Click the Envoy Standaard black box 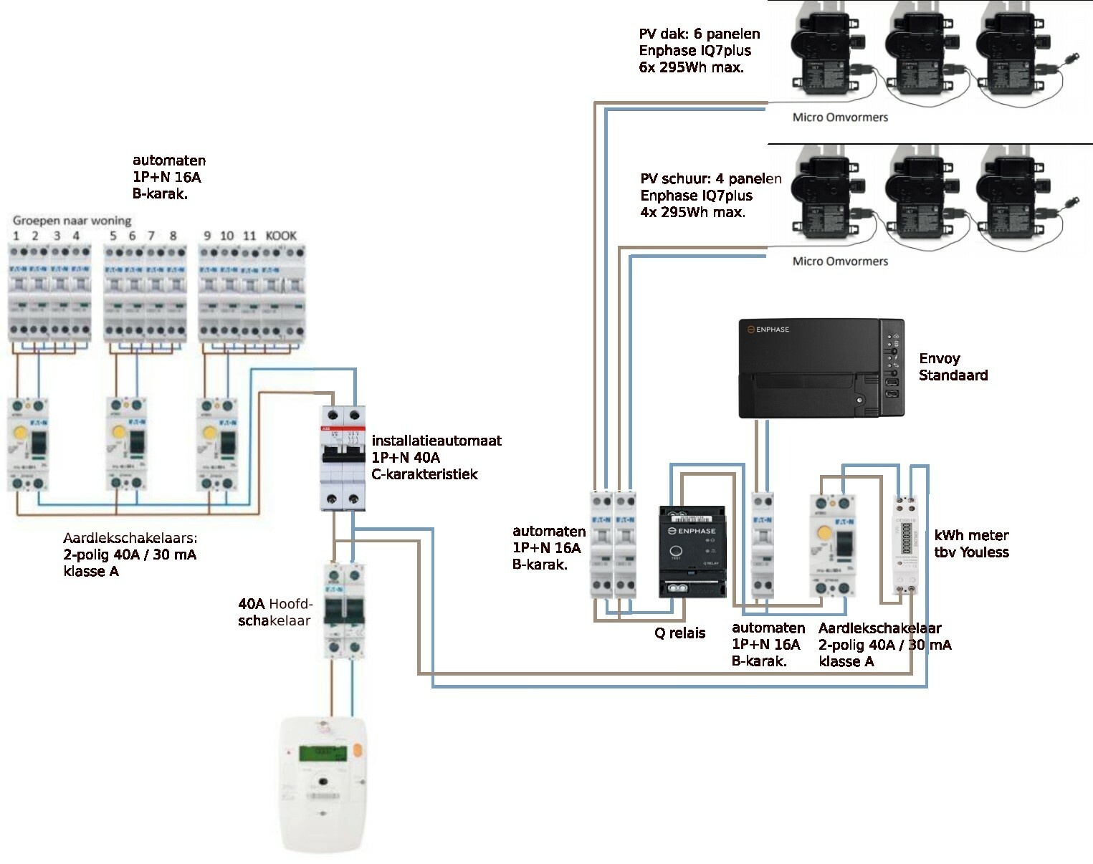tap(821, 368)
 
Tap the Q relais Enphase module tap(692, 552)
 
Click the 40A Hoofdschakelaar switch tap(343, 609)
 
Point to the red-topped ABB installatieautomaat tap(343, 458)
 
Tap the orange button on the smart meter tap(357, 752)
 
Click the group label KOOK tap(281, 236)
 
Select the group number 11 tap(249, 236)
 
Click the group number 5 tap(113, 236)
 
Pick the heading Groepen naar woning tap(72, 220)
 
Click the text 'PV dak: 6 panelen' tap(699, 34)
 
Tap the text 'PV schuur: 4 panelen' tap(710, 179)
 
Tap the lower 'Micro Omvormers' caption tap(840, 261)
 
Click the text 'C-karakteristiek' tap(424, 474)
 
